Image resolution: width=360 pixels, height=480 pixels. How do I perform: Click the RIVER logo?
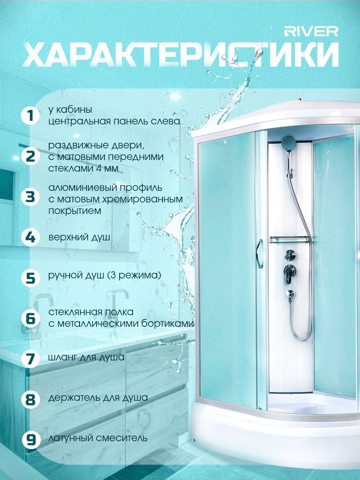pyautogui.click(x=311, y=32)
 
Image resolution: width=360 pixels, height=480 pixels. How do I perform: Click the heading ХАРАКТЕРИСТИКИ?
pyautogui.click(x=181, y=55)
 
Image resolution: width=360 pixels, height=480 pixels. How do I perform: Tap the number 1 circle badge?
pyautogui.click(x=30, y=116)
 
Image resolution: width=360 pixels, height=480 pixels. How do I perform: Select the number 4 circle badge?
pyautogui.click(x=30, y=238)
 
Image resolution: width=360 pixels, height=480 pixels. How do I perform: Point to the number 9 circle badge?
pyautogui.click(x=31, y=438)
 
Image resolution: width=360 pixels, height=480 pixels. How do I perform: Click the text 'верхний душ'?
pyautogui.click(x=79, y=237)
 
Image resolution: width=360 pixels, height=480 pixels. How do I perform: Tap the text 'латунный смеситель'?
pyautogui.click(x=98, y=438)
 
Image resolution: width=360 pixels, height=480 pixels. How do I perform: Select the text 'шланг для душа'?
pyautogui.click(x=86, y=357)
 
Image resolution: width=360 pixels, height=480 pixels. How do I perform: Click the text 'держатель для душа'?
pyautogui.click(x=98, y=398)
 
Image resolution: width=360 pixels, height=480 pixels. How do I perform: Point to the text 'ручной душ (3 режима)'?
pyautogui.click(x=105, y=275)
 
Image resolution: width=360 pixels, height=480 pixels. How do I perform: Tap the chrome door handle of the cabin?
pyautogui.click(x=260, y=254)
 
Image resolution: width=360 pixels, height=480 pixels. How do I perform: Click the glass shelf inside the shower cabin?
pyautogui.click(x=290, y=239)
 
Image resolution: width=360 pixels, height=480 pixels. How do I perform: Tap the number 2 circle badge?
pyautogui.click(x=30, y=157)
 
